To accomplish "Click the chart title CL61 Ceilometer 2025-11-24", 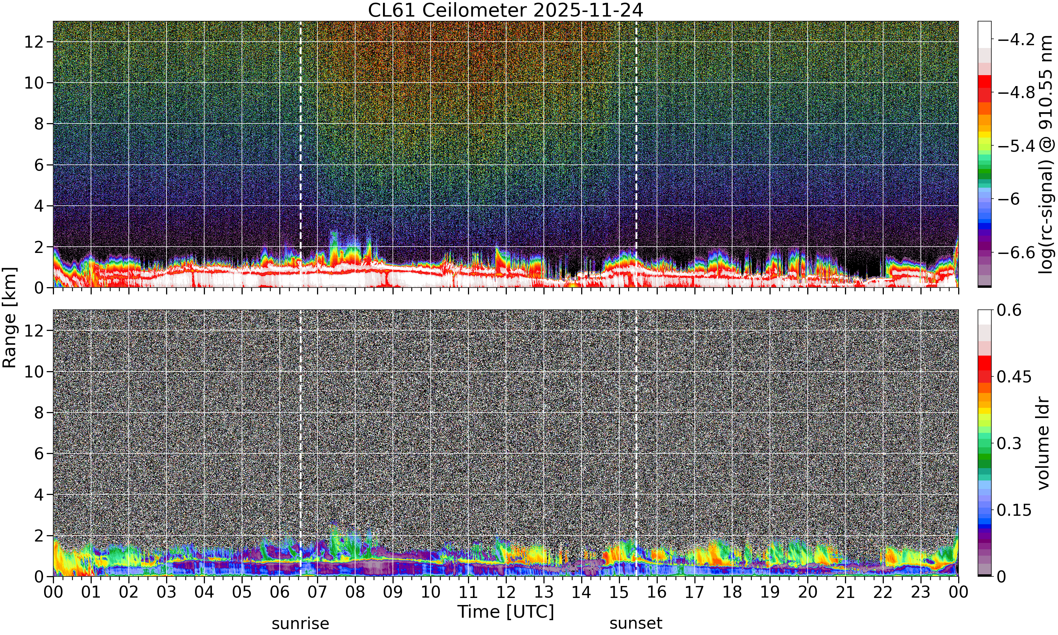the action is click(x=505, y=10).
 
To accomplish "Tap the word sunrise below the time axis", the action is click(x=300, y=623).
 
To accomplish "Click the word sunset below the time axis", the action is click(x=636, y=623).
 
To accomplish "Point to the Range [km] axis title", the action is click(x=10, y=317).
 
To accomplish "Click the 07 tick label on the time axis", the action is click(x=317, y=592).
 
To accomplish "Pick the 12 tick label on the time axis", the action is click(x=506, y=592).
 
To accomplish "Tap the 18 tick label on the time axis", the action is click(x=732, y=592).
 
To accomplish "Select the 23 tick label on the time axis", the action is click(x=921, y=592).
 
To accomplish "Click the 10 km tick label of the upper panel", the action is click(x=34, y=83).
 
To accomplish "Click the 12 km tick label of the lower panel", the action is click(x=34, y=330).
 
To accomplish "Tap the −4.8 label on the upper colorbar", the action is click(x=1016, y=92).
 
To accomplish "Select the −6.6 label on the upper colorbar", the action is click(x=1016, y=253).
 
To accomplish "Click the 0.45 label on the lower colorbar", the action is click(x=1014, y=376).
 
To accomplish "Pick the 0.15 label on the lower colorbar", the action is click(x=1014, y=510).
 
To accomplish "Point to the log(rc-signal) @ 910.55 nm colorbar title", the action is click(x=1045, y=155).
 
